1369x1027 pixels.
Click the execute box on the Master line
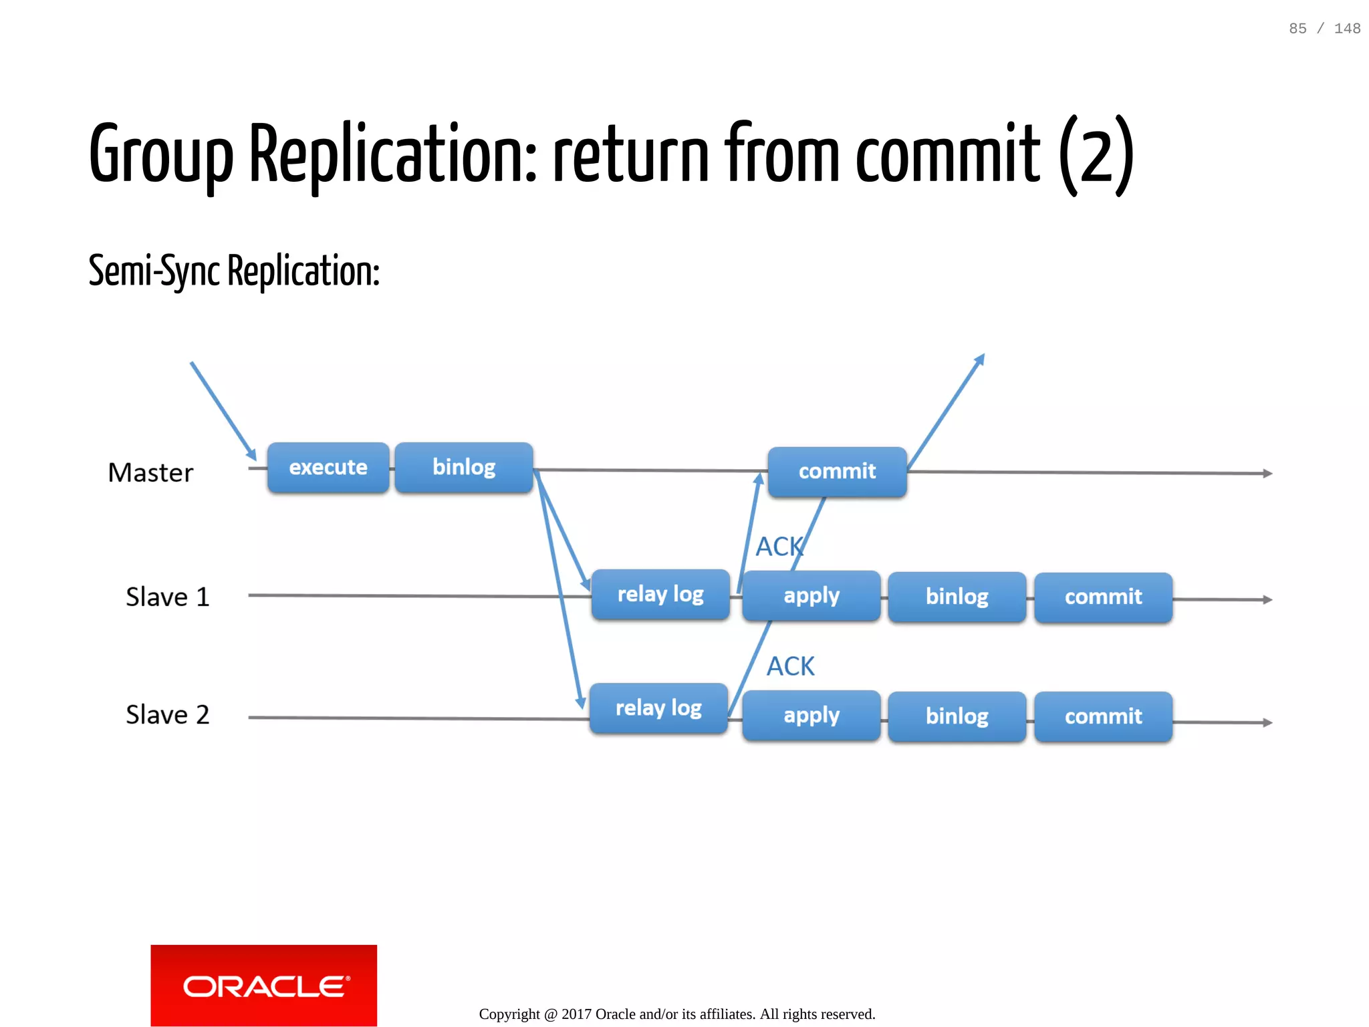(328, 468)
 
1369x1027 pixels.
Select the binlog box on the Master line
(464, 468)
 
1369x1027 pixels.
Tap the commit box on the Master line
(837, 472)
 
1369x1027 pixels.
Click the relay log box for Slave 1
(660, 595)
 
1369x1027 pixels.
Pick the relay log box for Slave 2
(658, 708)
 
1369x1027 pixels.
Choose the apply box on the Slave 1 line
(812, 596)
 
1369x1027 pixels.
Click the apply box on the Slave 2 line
(812, 716)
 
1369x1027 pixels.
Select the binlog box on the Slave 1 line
(957, 597)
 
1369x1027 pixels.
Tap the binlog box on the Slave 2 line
(957, 716)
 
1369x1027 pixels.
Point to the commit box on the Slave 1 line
(1103, 597)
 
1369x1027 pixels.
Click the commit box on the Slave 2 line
(1103, 717)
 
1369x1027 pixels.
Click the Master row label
(150, 473)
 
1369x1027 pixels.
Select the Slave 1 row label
(167, 597)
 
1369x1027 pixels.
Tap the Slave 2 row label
(167, 715)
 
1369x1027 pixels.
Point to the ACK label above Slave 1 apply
(779, 547)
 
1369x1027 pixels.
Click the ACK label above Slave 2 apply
(790, 667)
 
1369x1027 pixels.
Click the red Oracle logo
(263, 986)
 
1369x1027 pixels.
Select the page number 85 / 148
(1324, 29)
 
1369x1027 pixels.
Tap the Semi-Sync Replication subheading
(234, 271)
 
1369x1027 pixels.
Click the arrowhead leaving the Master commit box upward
(980, 359)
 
